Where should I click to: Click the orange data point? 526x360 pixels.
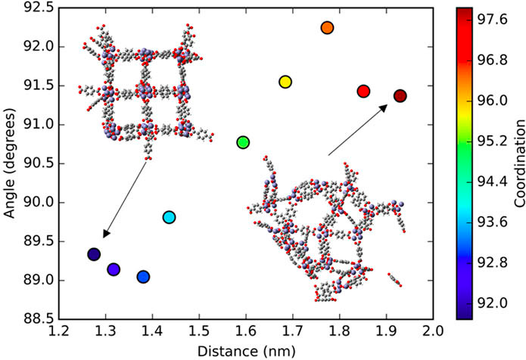[327, 28]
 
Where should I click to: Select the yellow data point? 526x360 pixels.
[285, 82]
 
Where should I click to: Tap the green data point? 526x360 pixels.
[243, 142]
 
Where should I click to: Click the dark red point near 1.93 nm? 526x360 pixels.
[400, 96]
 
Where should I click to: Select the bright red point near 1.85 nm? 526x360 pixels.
[363, 92]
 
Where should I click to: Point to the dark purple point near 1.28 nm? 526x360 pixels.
[94, 255]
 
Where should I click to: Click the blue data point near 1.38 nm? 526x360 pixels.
[143, 277]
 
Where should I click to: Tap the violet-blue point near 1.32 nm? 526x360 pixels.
[114, 269]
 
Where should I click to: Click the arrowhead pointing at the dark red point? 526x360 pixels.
[384, 107]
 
